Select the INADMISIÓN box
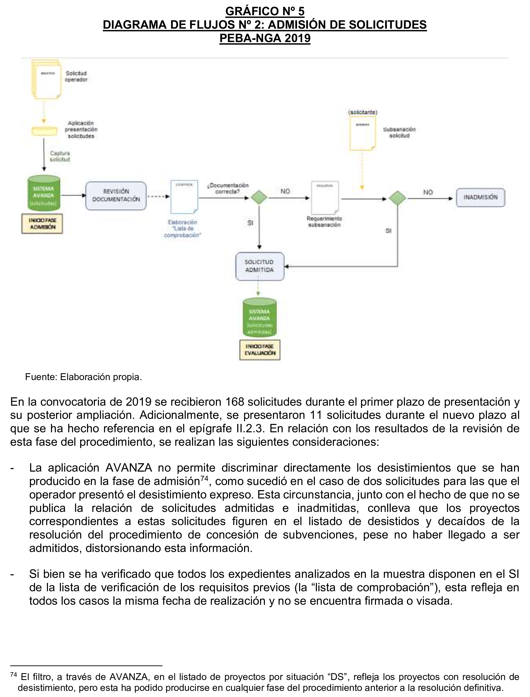coord(480,197)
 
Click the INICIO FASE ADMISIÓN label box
coord(42,224)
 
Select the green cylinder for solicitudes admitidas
coord(259,318)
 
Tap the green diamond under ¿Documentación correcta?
coord(259,198)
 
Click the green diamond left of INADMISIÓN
coord(397,198)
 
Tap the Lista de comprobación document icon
coord(184,197)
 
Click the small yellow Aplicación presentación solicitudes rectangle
coord(44,131)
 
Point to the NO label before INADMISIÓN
coord(428,192)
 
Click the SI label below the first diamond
coord(250,223)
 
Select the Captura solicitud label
coord(60,156)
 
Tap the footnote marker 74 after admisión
coord(204,478)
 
